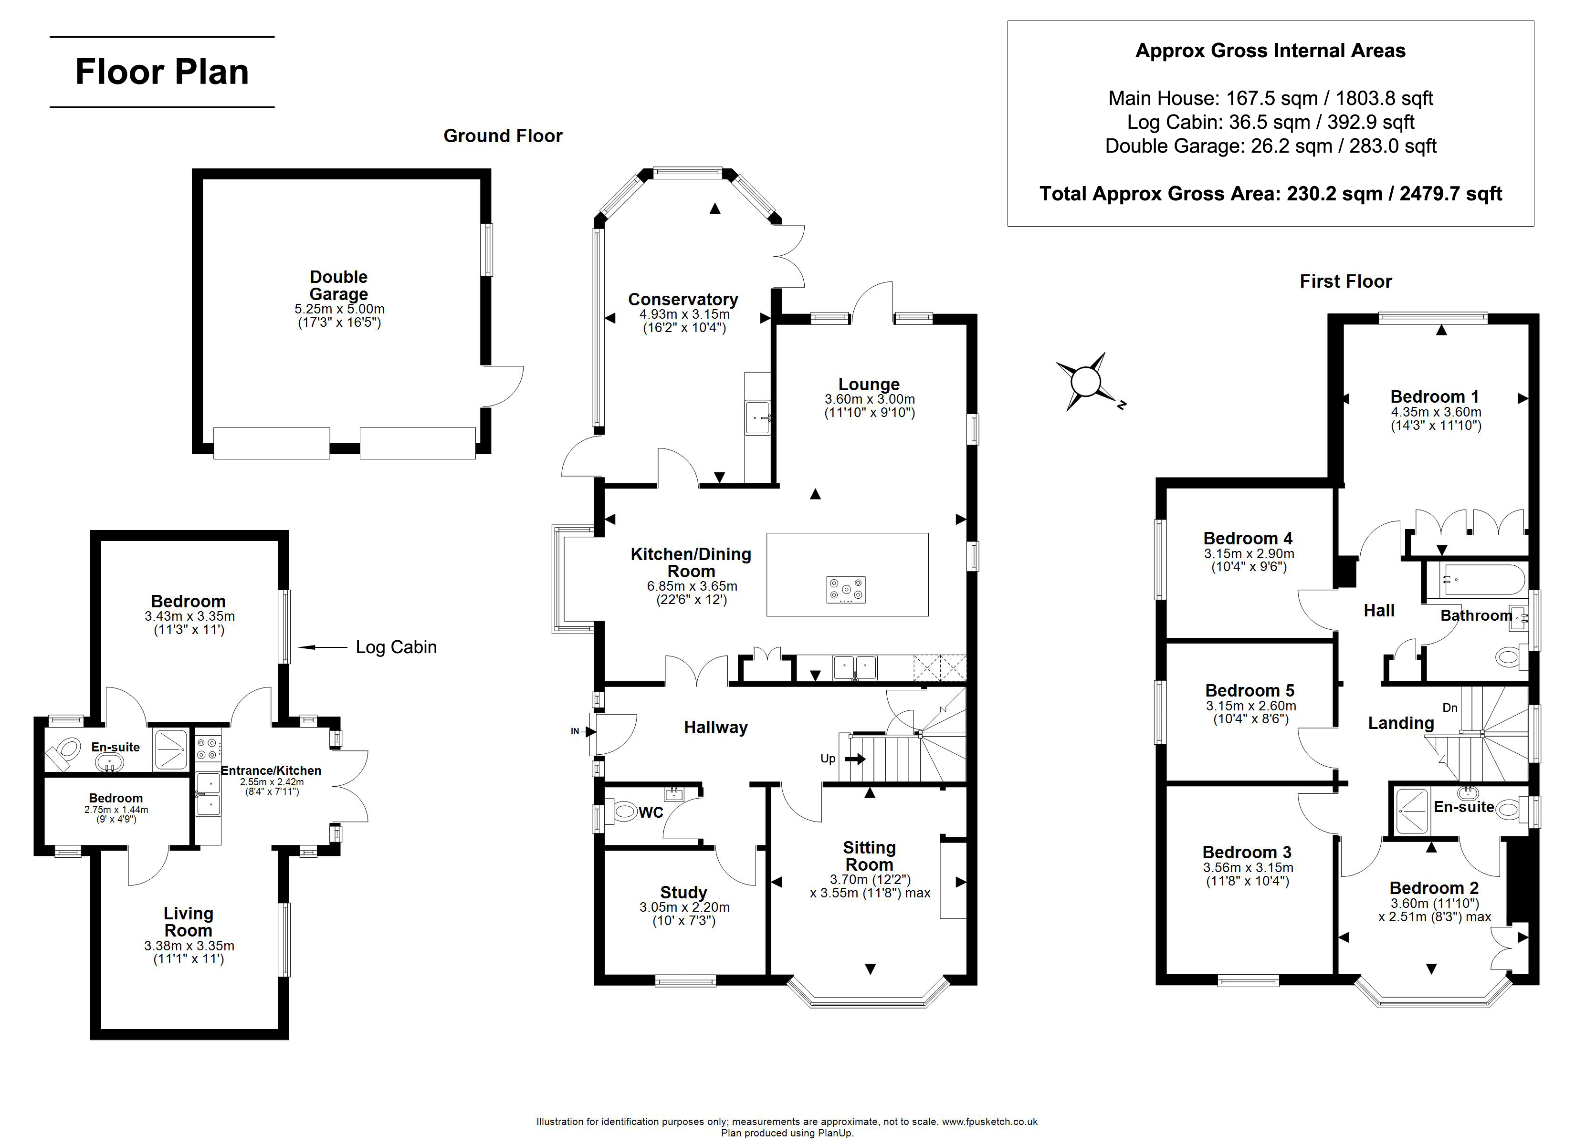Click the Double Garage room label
pyautogui.click(x=339, y=285)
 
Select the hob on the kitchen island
pyautogui.click(x=846, y=590)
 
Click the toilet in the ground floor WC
pyautogui.click(x=622, y=811)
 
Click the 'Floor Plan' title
pyautogui.click(x=162, y=72)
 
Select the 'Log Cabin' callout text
pyautogui.click(x=396, y=647)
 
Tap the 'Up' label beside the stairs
pyautogui.click(x=828, y=758)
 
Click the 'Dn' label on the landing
pyautogui.click(x=1450, y=708)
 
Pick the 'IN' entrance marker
pyautogui.click(x=575, y=731)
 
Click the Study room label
pyautogui.click(x=683, y=892)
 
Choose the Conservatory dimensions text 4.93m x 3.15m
pyautogui.click(x=684, y=314)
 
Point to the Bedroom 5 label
pyautogui.click(x=1250, y=690)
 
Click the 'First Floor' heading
pyautogui.click(x=1346, y=281)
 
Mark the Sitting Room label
pyautogui.click(x=870, y=856)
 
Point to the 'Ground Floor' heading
pyautogui.click(x=503, y=136)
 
